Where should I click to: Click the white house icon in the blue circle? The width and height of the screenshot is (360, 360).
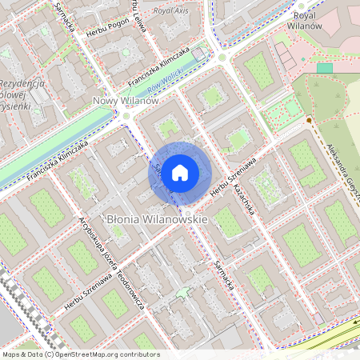(x=180, y=171)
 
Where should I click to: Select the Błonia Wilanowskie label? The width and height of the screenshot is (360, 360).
(x=157, y=218)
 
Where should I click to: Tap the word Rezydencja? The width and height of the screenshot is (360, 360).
(x=26, y=84)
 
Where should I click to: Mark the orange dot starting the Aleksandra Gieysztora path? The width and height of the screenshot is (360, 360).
(x=309, y=120)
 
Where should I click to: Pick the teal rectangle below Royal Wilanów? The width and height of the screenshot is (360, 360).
(x=323, y=68)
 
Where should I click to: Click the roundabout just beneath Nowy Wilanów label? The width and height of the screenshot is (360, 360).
(x=126, y=116)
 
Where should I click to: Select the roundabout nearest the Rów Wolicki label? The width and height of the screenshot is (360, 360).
(x=222, y=58)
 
